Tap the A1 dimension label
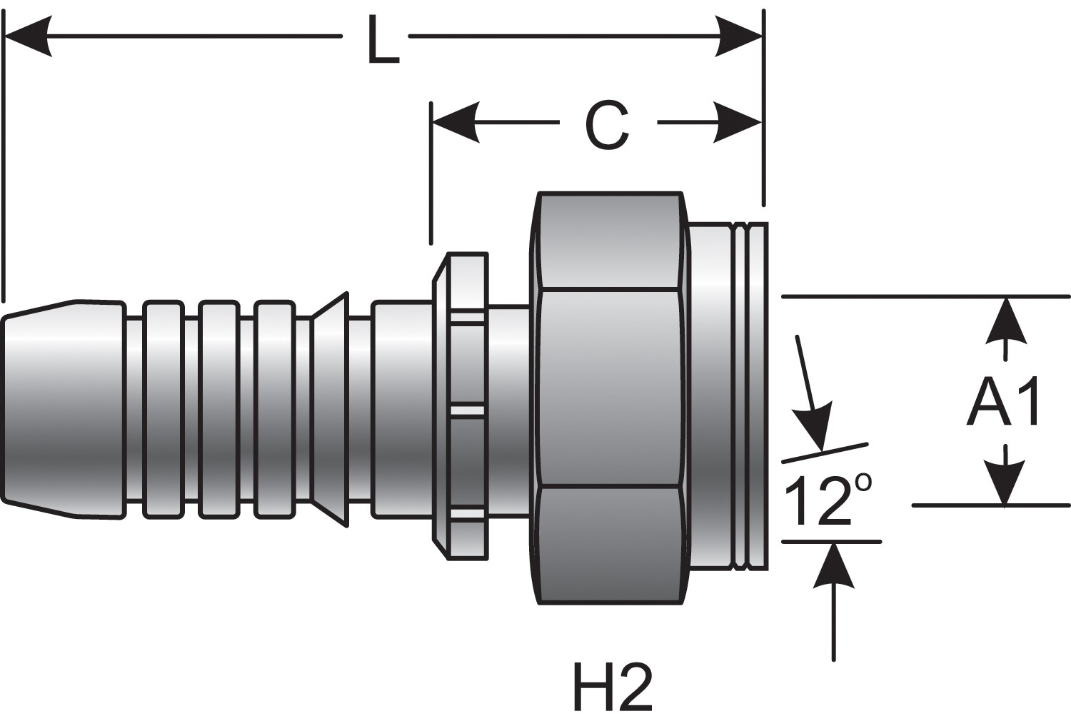point(1005,402)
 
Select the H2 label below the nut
point(613,687)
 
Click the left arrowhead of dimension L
point(29,36)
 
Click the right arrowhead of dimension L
point(740,35)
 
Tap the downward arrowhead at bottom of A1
point(1005,483)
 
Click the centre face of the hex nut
point(609,389)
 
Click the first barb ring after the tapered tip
point(162,408)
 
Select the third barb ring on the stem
point(275,408)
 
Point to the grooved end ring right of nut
point(749,397)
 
